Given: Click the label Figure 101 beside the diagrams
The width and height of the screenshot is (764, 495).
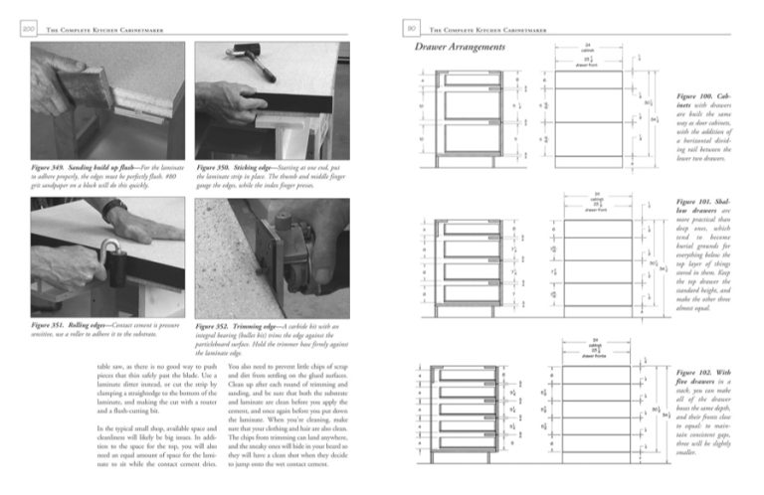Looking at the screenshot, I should (x=691, y=203).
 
